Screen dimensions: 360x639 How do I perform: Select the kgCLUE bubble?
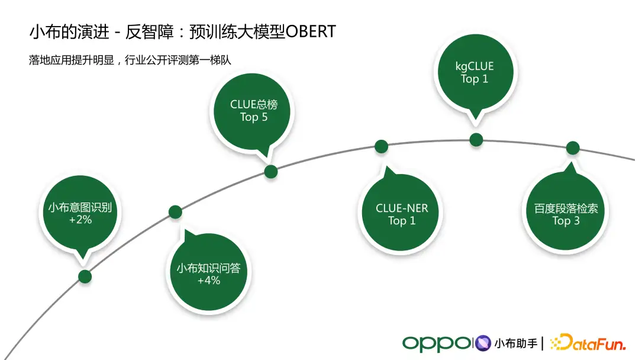(475, 72)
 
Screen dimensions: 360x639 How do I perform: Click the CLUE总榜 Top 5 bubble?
(254, 111)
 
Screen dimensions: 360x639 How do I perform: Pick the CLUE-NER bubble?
(402, 214)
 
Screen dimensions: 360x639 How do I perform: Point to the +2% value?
(80, 220)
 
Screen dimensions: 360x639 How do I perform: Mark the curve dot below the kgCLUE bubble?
(476, 140)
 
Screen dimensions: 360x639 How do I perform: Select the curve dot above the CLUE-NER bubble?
(382, 146)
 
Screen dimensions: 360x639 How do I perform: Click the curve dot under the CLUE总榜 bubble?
(271, 172)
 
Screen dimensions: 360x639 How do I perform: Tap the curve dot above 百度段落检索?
(572, 148)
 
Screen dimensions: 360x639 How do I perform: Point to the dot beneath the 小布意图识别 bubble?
(85, 276)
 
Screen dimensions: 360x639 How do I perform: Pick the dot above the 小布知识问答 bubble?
(175, 212)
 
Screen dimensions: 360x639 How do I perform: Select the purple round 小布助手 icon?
(483, 343)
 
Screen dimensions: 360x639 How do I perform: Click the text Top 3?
(566, 221)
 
